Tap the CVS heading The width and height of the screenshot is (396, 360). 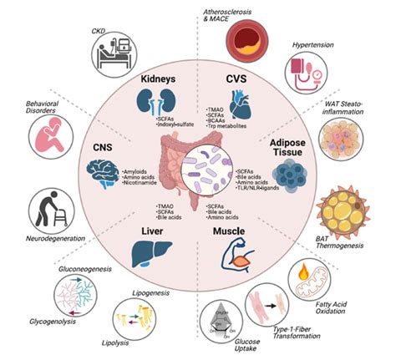(236, 78)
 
